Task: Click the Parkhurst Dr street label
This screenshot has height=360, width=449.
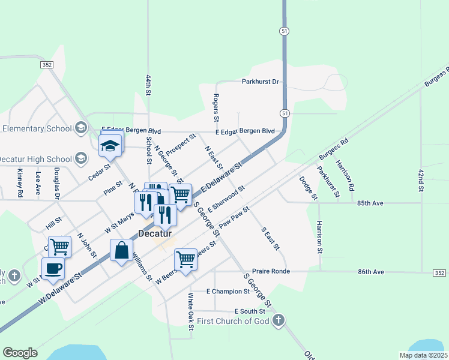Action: (x=261, y=82)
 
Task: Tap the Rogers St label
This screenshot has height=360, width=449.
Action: (x=216, y=109)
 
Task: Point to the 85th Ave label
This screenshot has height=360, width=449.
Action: (x=370, y=203)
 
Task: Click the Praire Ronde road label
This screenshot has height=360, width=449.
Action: (x=271, y=271)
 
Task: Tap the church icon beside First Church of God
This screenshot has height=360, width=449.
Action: (x=277, y=321)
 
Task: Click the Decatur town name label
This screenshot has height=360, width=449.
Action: (x=155, y=233)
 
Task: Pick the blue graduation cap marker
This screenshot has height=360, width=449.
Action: (x=111, y=145)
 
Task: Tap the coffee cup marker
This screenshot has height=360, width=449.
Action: (x=53, y=268)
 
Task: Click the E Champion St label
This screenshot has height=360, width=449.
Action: (x=228, y=292)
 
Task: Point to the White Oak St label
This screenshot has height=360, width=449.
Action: (x=190, y=311)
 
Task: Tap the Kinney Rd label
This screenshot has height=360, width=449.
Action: (x=20, y=183)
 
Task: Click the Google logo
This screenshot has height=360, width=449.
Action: (x=20, y=353)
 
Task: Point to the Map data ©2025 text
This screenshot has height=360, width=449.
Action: (x=423, y=355)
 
